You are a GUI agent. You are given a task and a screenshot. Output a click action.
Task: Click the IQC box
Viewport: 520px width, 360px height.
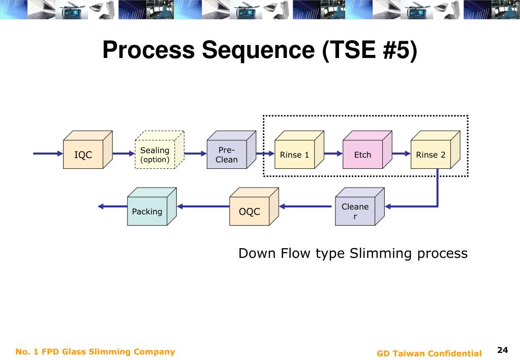pos(88,149)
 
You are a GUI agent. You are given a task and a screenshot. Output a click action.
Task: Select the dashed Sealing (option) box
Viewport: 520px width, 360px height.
pos(160,149)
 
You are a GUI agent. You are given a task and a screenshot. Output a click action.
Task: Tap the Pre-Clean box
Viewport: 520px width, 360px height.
pos(231,149)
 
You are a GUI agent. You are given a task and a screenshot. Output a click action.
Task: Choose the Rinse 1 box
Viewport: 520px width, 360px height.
pos(299,149)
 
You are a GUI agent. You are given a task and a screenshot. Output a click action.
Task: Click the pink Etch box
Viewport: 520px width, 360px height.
pos(368,149)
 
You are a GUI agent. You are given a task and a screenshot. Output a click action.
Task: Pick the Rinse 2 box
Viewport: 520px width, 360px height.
pos(436,149)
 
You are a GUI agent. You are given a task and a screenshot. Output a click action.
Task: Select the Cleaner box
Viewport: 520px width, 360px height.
pos(360,206)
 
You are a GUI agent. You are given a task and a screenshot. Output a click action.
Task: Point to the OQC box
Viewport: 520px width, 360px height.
pos(254,206)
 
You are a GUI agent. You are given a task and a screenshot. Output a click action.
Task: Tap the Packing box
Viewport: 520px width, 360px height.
pos(152,206)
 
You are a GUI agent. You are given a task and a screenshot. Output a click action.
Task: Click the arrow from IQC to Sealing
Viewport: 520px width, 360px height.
pos(124,154)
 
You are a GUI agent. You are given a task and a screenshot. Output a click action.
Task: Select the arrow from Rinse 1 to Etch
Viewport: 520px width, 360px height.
pos(333,154)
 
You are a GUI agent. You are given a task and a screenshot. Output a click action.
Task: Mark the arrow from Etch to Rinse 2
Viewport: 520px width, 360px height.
pos(401,154)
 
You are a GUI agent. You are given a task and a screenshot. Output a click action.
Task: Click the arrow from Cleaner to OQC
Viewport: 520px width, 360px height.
pos(305,206)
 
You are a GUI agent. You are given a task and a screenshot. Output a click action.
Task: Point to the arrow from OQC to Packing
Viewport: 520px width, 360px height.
pos(203,206)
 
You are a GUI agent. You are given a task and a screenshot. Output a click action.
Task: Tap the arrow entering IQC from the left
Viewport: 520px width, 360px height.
pos(48,154)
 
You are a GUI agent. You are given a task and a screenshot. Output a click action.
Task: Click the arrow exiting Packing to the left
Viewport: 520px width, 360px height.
pos(112,206)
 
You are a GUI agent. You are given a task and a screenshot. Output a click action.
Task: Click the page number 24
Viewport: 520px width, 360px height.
pos(502,350)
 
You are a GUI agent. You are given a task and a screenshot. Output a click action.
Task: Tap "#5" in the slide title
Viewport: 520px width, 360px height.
pos(395,50)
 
